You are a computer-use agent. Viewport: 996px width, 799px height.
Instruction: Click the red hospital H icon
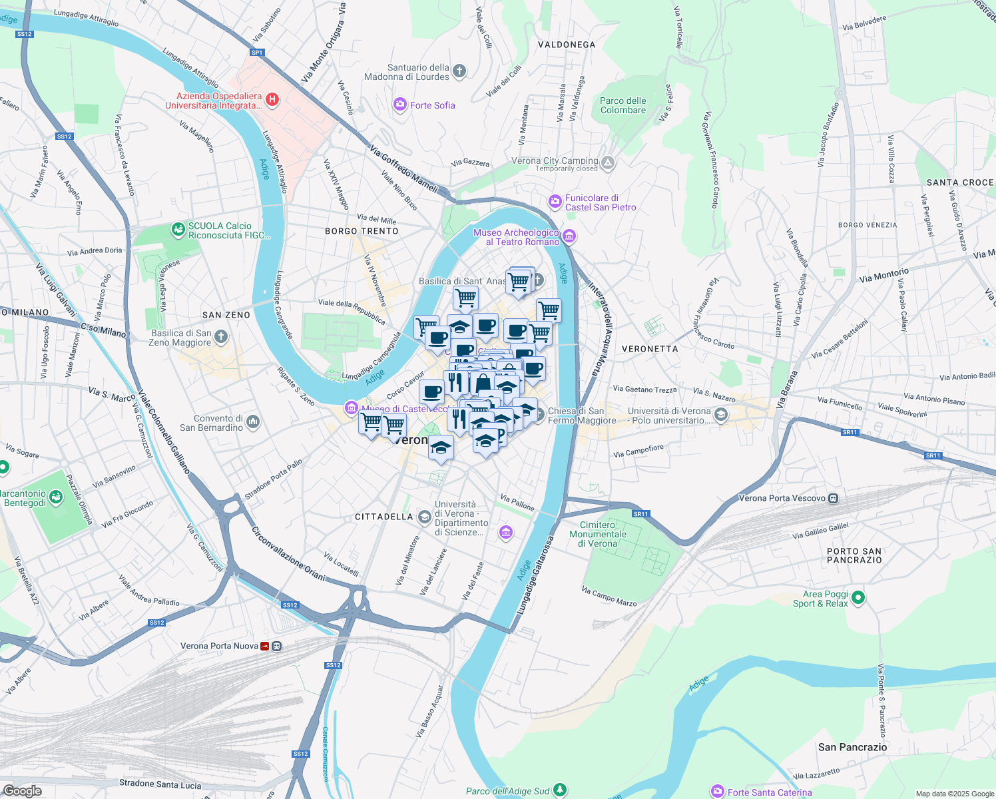(272, 100)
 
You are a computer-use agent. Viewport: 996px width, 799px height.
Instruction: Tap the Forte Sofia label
(432, 105)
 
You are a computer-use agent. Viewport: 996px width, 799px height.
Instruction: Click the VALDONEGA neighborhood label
(567, 45)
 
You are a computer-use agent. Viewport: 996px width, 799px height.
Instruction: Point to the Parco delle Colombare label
(622, 105)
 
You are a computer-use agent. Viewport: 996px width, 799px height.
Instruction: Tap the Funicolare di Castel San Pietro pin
(555, 201)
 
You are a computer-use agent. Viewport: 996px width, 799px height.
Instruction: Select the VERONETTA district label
(650, 349)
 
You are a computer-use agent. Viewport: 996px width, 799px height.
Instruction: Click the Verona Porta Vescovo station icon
(834, 498)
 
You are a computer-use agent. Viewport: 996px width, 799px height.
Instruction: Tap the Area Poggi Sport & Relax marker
(858, 598)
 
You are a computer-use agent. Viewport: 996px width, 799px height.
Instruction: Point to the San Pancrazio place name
(852, 747)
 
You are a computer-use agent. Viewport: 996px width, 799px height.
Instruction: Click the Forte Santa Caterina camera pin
(718, 791)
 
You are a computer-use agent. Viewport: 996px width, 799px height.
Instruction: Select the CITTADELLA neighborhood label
(383, 517)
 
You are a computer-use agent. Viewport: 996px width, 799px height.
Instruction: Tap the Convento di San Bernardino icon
(253, 421)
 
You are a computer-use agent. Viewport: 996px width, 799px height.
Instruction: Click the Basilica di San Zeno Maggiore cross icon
(221, 337)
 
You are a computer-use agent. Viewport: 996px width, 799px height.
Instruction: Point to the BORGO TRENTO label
(362, 231)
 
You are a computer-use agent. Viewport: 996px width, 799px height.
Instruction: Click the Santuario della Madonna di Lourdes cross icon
(459, 71)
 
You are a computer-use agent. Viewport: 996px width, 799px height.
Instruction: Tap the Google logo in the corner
(22, 791)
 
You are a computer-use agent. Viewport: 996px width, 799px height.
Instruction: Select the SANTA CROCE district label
(960, 182)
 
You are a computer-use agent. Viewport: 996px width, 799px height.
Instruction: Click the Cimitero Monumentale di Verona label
(598, 534)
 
